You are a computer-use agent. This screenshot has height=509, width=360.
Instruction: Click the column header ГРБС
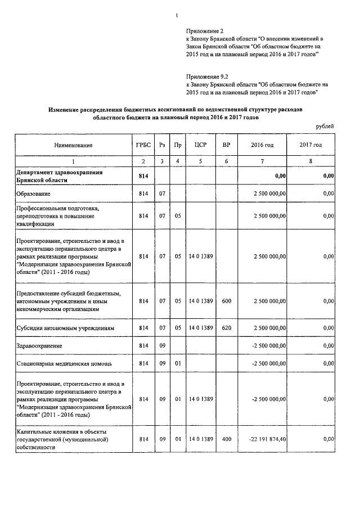tap(143, 145)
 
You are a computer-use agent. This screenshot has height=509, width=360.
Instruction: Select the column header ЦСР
tap(201, 145)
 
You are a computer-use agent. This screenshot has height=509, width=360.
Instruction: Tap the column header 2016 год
tap(262, 145)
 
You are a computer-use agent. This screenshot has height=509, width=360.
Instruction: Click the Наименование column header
tap(73, 145)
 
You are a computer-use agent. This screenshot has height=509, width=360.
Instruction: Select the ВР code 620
tap(226, 327)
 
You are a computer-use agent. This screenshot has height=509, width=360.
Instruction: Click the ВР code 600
tap(226, 301)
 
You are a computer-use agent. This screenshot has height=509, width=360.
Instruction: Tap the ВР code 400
tap(226, 438)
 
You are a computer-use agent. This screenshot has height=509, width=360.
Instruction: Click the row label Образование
tap(33, 194)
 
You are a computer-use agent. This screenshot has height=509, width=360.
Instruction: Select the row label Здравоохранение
tap(39, 345)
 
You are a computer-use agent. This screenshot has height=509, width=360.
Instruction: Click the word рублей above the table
tap(324, 126)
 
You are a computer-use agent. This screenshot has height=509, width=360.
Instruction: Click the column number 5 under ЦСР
tap(201, 162)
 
